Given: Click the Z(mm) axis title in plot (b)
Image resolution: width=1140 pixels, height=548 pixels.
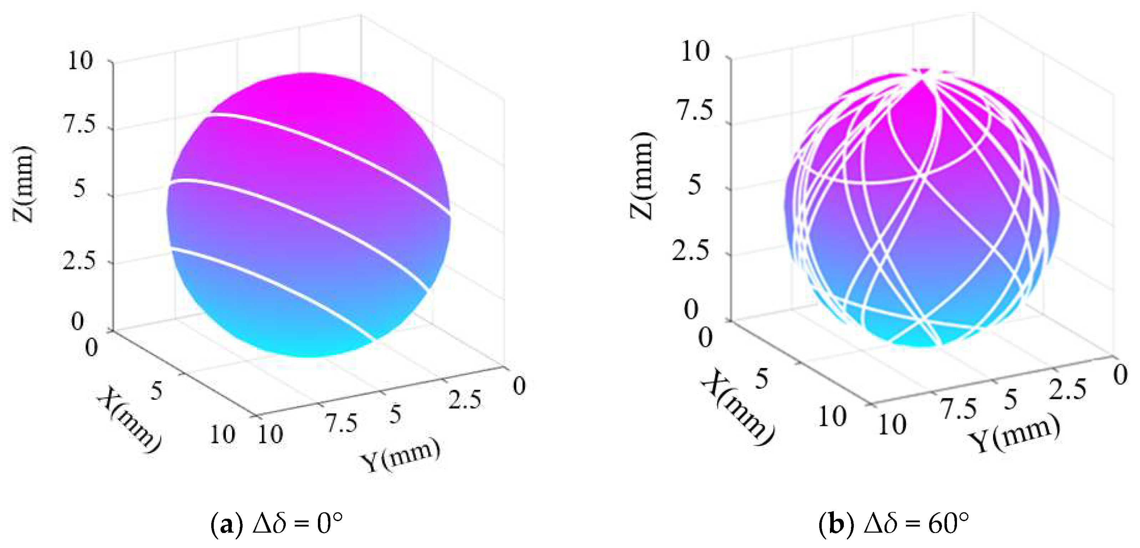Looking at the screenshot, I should tap(642, 175).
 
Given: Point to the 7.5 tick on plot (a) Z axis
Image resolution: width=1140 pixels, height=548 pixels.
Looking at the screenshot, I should tap(80, 126).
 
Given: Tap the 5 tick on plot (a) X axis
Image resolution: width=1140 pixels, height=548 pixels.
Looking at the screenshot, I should tap(157, 391).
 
